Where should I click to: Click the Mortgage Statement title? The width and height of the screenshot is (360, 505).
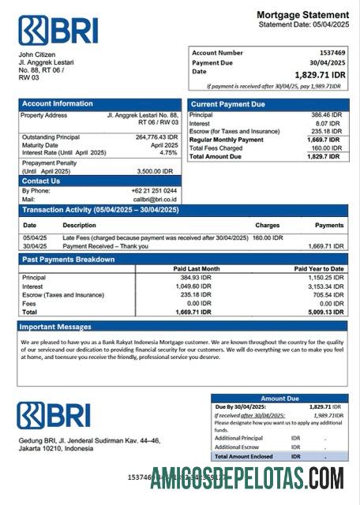[302, 15]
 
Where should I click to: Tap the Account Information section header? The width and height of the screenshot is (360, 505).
[58, 103]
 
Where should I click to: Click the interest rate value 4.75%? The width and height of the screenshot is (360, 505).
[168, 152]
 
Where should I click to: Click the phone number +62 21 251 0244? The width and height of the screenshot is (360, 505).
[154, 191]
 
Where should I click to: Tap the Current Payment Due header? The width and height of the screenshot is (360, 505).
[228, 104]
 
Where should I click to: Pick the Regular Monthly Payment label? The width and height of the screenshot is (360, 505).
[227, 140]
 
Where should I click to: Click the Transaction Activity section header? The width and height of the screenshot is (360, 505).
[100, 210]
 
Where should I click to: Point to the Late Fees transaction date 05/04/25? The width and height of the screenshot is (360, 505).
[35, 237]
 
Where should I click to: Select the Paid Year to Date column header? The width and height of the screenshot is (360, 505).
[318, 269]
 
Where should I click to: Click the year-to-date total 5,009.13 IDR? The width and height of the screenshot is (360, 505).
[324, 312]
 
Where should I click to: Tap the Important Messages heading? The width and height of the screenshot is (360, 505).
[55, 326]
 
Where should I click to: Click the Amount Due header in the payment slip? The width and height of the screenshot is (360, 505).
[279, 398]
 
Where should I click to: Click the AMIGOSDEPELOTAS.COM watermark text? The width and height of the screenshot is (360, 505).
[247, 478]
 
